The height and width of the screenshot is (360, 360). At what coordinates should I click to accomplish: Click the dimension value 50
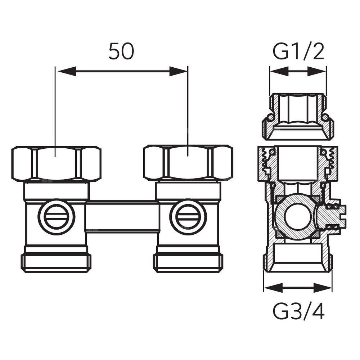pos(121,51)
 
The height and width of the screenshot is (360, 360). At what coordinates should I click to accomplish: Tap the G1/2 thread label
pos(298,51)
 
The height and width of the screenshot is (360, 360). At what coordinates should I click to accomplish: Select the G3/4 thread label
pos(298,312)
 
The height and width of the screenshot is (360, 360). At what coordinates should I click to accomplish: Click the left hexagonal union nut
pos(56,163)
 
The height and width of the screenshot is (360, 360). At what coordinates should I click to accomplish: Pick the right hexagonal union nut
pos(188,163)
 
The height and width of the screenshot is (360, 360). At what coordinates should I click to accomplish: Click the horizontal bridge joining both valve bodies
pos(122,216)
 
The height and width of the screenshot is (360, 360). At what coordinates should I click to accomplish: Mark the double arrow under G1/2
pos(298,72)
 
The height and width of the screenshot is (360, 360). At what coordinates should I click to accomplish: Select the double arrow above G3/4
pos(298,287)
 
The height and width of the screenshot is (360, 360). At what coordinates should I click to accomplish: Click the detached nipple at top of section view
pos(298,117)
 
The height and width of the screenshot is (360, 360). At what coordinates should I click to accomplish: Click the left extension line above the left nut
pos(55,108)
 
